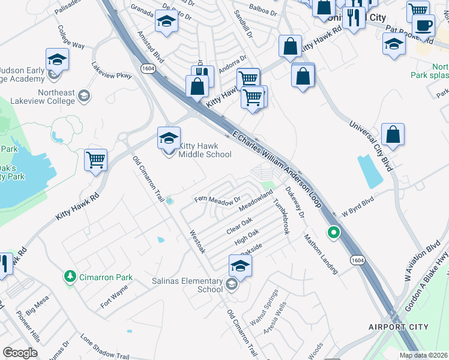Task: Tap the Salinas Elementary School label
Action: coord(202,284)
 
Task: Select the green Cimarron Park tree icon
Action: coord(70,277)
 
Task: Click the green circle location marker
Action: coord(334,232)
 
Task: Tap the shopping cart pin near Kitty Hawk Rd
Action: coord(96,160)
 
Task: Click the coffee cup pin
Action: coord(423,26)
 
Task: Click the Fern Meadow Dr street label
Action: coord(217,199)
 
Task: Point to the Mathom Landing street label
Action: coord(321,253)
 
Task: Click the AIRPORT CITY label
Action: coord(399,327)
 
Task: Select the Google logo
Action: coord(20,353)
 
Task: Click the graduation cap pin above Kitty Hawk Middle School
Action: coord(169,138)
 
